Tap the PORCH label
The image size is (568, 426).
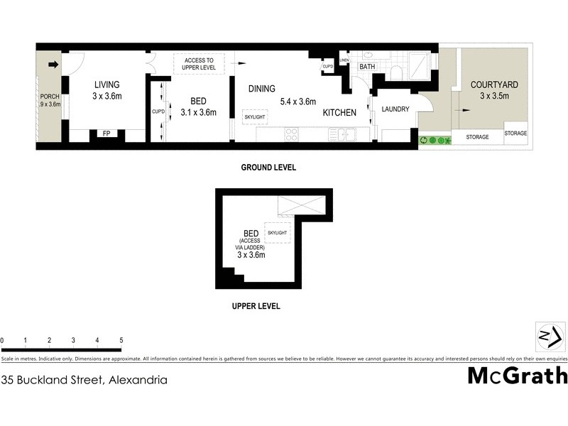(x=50, y=97)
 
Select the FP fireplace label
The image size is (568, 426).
(x=106, y=133)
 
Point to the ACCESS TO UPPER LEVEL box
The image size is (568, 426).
(x=199, y=64)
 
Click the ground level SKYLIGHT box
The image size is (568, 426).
(x=254, y=116)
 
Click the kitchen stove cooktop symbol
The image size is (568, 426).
(x=291, y=133)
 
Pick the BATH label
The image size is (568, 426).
(x=367, y=67)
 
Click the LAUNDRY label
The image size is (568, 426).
(x=395, y=109)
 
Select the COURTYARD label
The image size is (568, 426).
(x=494, y=85)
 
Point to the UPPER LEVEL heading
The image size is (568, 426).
(x=256, y=307)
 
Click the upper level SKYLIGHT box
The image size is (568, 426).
(x=277, y=233)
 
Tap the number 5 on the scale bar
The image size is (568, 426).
(x=121, y=341)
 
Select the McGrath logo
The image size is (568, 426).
(x=517, y=376)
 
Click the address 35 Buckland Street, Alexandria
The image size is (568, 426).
(x=84, y=380)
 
